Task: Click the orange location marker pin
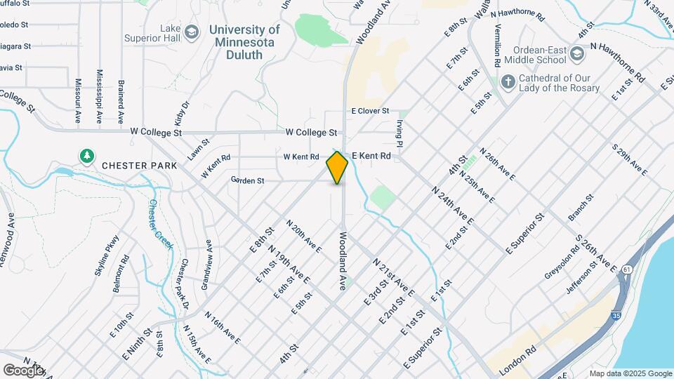coord(337,167)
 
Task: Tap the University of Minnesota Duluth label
coord(244,42)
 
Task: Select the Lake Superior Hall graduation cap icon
coord(191,32)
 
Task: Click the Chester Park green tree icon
coord(87,155)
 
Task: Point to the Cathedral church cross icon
coord(508,82)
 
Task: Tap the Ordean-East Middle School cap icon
coord(576,54)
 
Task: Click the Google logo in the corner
coord(23,370)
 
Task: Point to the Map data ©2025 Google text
coord(630,373)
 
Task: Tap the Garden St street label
coord(247,180)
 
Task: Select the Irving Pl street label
coord(398,133)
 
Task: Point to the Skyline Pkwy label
coord(112,255)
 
